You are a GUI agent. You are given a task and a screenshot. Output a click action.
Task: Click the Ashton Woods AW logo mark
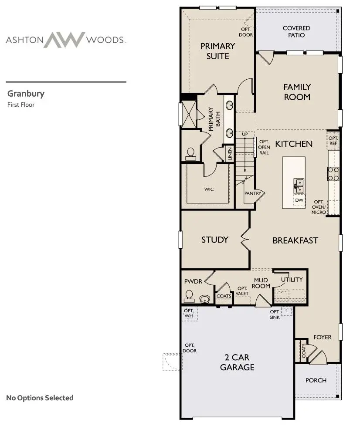click(x=65, y=40)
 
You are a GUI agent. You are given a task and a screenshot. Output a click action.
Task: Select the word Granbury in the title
click(x=26, y=93)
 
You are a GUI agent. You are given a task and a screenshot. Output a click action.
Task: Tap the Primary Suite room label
click(x=217, y=51)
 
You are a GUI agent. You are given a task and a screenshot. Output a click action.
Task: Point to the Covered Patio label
click(x=296, y=31)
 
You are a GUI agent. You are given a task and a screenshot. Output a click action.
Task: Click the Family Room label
click(x=297, y=92)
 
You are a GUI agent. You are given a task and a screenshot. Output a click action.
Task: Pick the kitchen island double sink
click(x=299, y=185)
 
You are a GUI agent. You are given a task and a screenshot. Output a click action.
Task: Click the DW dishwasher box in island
click(x=299, y=200)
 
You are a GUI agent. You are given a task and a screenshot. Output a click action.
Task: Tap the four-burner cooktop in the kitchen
click(x=333, y=173)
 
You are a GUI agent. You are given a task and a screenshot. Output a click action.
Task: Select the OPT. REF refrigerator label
click(x=333, y=140)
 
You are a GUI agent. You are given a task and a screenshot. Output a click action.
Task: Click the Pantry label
click(x=252, y=193)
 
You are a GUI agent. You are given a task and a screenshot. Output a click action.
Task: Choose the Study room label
click(x=215, y=240)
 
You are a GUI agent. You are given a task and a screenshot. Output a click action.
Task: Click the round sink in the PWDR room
click(x=204, y=299)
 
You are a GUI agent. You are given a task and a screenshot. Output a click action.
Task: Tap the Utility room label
click(x=292, y=279)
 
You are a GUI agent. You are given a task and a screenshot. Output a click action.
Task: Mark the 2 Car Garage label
click(x=237, y=362)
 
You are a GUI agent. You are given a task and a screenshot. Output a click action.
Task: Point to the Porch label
click(x=316, y=380)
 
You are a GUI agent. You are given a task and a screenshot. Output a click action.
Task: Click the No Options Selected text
click(x=40, y=398)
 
